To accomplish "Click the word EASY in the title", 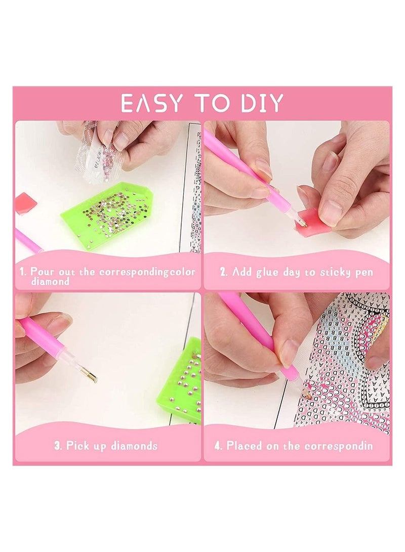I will [x=151, y=103].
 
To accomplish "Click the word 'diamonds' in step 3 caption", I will [x=133, y=446].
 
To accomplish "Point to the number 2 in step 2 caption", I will [x=223, y=272].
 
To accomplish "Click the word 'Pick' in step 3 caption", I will [x=77, y=446].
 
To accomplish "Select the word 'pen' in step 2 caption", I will [x=364, y=272].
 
